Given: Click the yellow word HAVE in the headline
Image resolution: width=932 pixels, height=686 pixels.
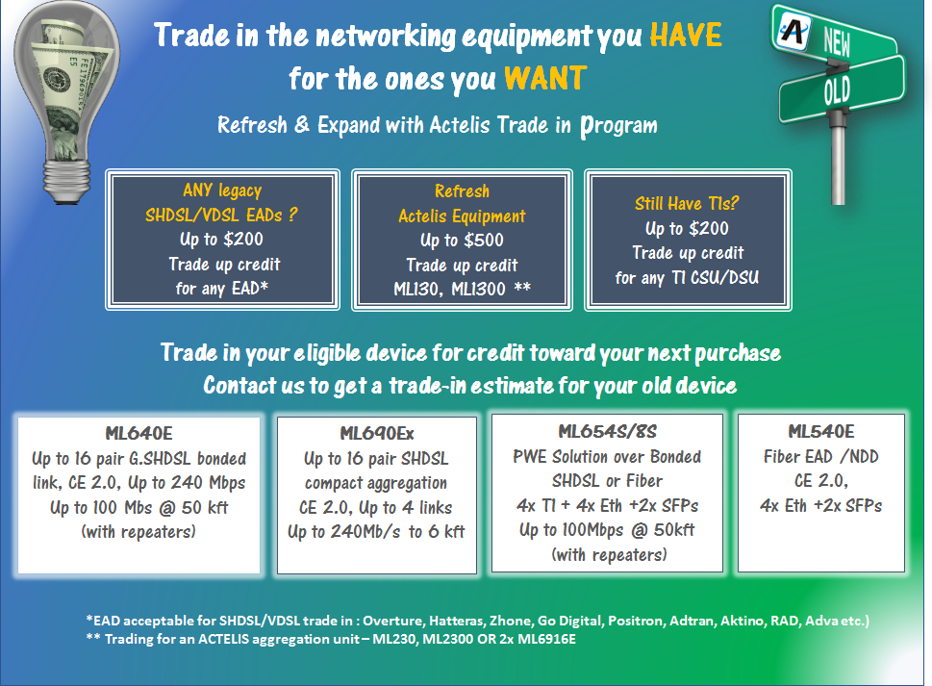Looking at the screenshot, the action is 686,35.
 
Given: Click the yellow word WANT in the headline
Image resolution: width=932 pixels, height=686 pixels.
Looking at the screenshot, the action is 545,79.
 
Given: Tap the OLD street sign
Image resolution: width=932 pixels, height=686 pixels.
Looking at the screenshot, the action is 841,89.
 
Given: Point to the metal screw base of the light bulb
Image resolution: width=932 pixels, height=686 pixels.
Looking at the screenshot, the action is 67,180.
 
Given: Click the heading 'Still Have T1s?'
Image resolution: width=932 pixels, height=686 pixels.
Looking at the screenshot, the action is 687,203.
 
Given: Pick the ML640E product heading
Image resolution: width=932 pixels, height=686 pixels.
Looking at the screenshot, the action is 139,433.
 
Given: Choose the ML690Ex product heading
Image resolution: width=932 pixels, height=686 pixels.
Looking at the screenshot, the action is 377,433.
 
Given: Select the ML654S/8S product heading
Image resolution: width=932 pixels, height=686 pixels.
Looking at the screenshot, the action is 607,432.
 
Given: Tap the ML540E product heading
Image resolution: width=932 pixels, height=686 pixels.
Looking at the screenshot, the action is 820,432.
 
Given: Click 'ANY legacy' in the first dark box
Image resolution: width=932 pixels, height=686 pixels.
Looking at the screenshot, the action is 222,191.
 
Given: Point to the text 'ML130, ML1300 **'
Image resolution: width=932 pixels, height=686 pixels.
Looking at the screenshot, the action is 462,290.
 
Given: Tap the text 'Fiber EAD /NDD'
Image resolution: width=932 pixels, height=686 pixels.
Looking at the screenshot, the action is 820,457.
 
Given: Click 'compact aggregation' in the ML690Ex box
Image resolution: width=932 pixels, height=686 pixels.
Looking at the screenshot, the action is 376,483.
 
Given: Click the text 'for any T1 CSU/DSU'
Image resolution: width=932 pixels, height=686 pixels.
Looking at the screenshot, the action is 687,278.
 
